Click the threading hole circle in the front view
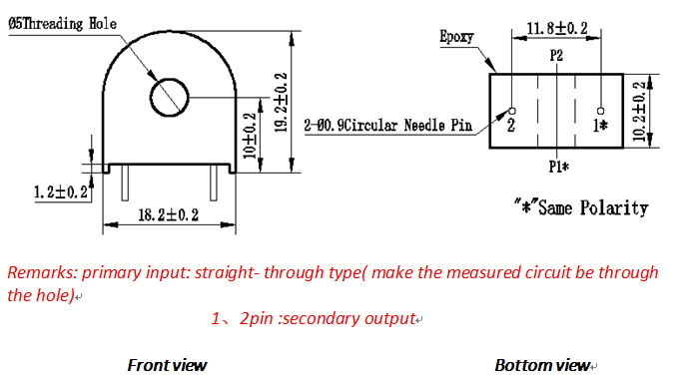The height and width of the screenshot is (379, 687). [151, 98]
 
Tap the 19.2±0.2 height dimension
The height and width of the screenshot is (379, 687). [281, 102]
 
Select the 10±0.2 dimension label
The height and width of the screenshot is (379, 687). [250, 136]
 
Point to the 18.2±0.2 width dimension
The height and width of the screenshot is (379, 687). [169, 214]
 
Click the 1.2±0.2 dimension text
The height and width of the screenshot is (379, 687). [61, 191]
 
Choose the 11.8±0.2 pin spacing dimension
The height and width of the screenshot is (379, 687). [557, 29]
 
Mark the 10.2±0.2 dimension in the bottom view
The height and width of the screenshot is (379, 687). [639, 111]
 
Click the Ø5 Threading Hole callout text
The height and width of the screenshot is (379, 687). [63, 23]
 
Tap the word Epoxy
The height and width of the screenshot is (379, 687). [456, 37]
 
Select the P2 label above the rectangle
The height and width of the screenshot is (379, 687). [556, 56]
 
